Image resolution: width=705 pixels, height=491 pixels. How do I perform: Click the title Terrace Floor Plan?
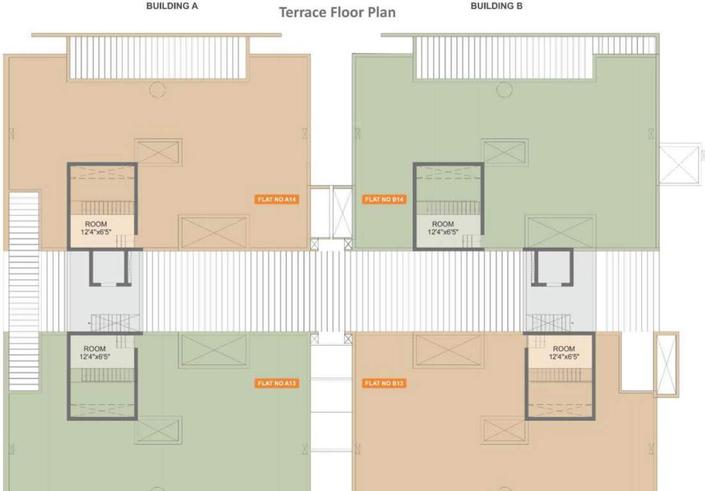[x=337, y=12]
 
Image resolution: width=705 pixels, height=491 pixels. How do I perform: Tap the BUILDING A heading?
[x=172, y=6]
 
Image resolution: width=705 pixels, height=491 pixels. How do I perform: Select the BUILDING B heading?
[x=496, y=6]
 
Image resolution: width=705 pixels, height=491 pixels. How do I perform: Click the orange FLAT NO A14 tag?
[x=278, y=199]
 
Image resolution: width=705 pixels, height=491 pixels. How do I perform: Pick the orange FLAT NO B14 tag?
[x=384, y=199]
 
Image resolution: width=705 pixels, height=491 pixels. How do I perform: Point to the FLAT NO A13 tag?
[x=278, y=383]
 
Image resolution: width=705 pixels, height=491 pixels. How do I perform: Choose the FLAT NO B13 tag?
[x=384, y=383]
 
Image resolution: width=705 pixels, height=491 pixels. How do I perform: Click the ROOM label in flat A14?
[x=95, y=224]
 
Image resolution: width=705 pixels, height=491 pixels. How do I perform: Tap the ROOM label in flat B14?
[x=443, y=224]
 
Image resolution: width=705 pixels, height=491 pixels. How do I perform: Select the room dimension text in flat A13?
[x=95, y=357]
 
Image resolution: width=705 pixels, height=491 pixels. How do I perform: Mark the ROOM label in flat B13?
[x=564, y=349]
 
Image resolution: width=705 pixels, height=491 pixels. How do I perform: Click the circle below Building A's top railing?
[x=157, y=90]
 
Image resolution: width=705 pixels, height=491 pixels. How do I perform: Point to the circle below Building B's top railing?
[x=504, y=90]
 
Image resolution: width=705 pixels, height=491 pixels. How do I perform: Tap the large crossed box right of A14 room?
[x=214, y=232]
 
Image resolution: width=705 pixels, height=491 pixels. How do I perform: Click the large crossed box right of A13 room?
[x=214, y=350]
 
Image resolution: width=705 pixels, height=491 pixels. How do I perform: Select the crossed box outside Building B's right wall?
[x=680, y=164]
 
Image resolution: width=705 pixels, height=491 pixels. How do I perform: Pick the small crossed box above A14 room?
[x=158, y=152]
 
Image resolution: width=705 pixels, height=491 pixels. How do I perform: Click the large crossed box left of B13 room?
[x=448, y=350]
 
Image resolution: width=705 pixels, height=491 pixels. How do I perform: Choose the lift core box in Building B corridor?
[x=552, y=267]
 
